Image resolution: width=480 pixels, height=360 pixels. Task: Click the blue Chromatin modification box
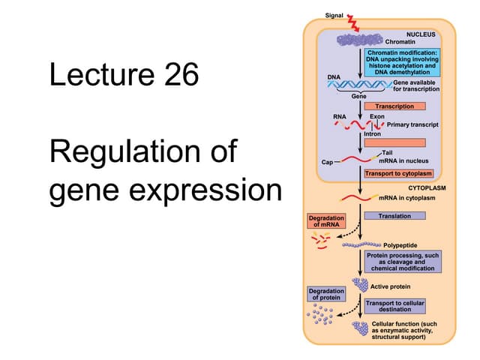402,62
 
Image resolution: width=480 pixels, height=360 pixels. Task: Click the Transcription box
394,106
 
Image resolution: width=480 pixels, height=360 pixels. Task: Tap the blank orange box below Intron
394,142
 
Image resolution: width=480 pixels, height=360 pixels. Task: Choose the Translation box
394,216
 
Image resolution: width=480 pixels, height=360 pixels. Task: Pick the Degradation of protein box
326,293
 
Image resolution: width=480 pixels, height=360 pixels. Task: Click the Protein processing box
402,262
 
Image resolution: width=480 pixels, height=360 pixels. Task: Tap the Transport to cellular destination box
394,306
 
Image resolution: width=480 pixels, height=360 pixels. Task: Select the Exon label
377,117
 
